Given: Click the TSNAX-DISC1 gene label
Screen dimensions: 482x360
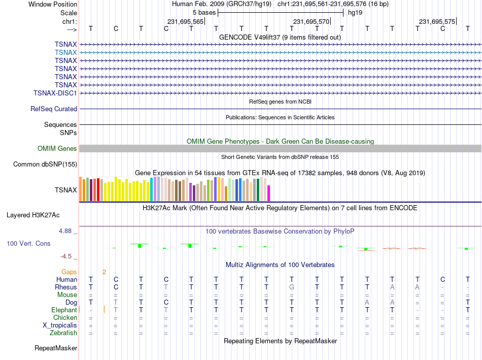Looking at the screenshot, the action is [x=55, y=93].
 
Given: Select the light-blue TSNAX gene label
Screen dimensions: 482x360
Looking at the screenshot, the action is [x=66, y=52].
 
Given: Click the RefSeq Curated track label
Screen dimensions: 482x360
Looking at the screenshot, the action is [x=54, y=109].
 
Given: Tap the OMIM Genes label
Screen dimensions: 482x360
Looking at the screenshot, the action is [x=57, y=149].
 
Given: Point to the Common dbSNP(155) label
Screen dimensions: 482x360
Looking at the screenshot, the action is [x=45, y=165].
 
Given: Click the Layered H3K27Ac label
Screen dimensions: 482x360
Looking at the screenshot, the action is [x=33, y=215].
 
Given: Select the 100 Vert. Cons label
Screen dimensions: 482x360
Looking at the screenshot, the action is [x=28, y=243].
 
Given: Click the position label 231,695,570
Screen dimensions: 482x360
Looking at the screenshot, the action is [x=311, y=21].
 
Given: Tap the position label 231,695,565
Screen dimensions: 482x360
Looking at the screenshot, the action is [x=185, y=21].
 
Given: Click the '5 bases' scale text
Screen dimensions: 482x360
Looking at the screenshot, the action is [x=204, y=13].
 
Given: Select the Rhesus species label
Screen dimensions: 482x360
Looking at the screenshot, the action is [x=66, y=287].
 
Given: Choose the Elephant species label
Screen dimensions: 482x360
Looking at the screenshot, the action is [x=64, y=310].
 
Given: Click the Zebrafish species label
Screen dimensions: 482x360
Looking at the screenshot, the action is [x=63, y=333].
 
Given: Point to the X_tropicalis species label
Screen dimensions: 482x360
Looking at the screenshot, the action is [x=60, y=325].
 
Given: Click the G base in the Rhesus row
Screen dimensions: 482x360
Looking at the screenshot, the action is [x=292, y=287].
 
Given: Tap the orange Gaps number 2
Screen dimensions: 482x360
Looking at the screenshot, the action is [x=104, y=272].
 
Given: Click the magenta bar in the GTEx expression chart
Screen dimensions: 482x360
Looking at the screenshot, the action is [x=269, y=193].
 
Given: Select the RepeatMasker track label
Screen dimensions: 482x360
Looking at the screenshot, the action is [x=56, y=348].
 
